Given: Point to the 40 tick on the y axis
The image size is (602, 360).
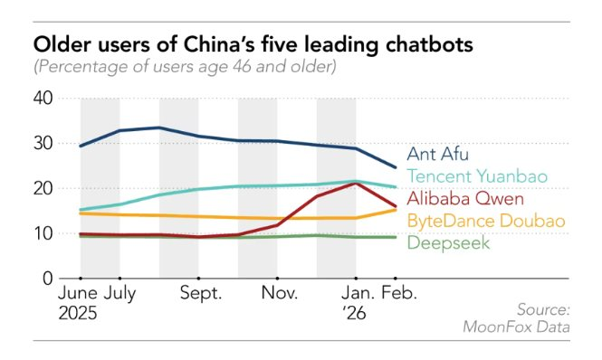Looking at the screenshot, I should click(43, 98).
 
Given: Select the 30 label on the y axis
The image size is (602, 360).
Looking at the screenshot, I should click(43, 143).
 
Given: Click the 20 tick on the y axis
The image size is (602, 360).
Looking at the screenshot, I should click(43, 188).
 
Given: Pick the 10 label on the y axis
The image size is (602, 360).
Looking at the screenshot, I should click(43, 233).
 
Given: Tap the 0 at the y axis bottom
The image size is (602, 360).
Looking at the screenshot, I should click(49, 279).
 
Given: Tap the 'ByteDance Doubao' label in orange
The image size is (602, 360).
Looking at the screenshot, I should click(486, 221).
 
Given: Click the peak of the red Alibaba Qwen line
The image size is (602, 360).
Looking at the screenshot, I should click(357, 184).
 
